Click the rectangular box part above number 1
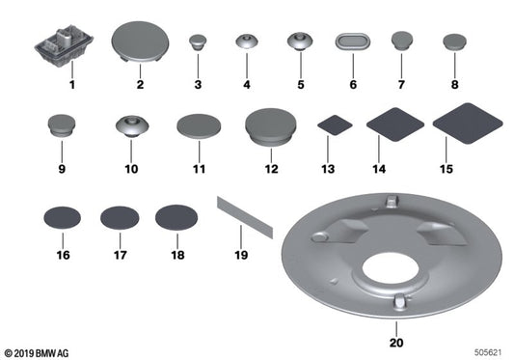(61, 45)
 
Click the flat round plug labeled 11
(199, 127)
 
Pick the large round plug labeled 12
(270, 125)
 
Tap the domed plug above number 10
(131, 125)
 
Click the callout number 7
(402, 85)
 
